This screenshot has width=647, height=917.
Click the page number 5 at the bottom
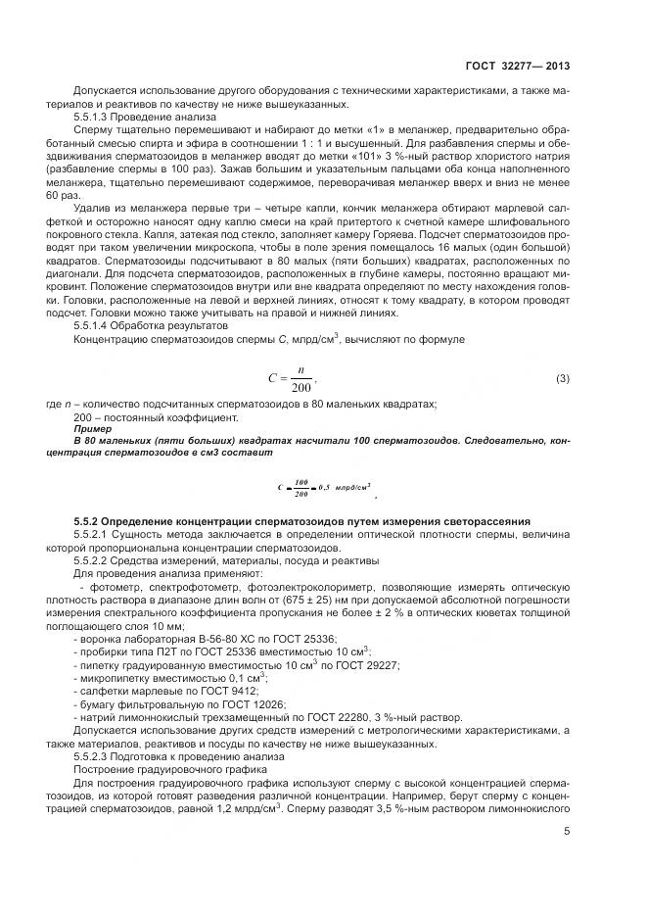(568, 833)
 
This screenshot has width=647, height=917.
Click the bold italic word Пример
(93, 429)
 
